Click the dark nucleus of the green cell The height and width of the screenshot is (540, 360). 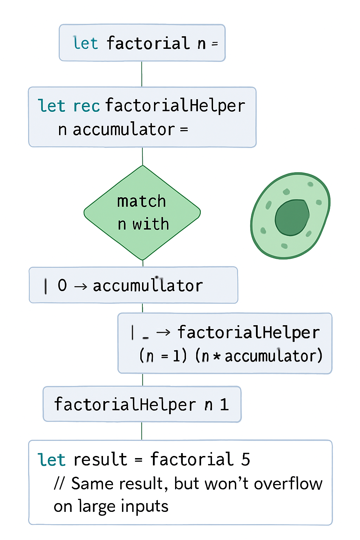[292, 218]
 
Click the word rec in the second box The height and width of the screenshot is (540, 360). [86, 106]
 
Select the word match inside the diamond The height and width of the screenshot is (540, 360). [141, 202]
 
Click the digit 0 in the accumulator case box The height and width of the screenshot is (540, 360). [62, 285]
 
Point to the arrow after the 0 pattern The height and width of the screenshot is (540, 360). [81, 286]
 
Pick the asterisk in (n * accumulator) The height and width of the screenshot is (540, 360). [217, 356]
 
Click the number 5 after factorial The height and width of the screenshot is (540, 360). [245, 459]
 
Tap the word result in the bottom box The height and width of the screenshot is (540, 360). [100, 460]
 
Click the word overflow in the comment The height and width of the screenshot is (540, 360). [288, 484]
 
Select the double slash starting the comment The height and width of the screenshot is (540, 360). [59, 484]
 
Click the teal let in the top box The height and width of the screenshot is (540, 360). [85, 44]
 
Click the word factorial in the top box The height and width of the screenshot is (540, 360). [148, 44]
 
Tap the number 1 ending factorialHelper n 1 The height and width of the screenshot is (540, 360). [224, 405]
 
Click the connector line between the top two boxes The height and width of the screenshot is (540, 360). [142, 74]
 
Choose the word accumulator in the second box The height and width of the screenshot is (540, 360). [124, 130]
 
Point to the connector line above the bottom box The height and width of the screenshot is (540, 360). [142, 431]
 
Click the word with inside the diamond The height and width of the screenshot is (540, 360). [151, 224]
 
